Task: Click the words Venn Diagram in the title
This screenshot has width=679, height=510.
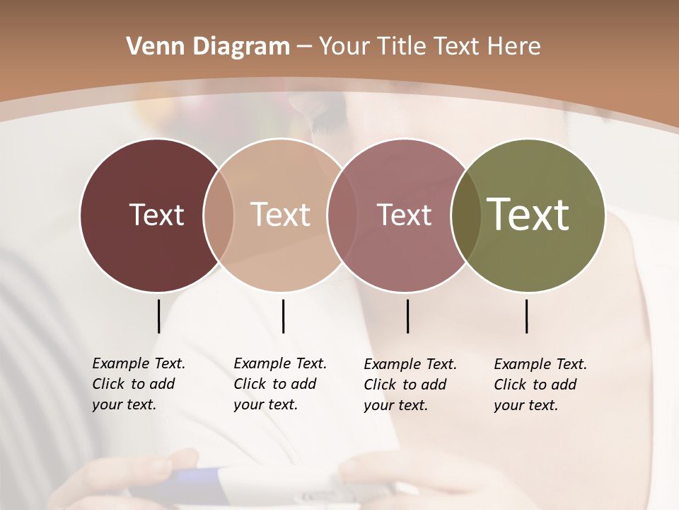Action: tap(208, 47)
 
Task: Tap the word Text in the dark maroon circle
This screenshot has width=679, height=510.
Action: tap(156, 215)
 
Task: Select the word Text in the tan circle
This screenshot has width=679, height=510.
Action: tap(281, 215)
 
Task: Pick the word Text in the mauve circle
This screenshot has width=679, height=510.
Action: tap(405, 215)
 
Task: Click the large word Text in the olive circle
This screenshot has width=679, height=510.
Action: tap(528, 215)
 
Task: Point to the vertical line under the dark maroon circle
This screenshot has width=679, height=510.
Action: tap(158, 316)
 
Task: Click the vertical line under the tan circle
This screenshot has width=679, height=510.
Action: tap(283, 316)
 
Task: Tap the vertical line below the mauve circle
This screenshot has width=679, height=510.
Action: tap(407, 316)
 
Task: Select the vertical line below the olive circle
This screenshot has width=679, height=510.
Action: tap(526, 316)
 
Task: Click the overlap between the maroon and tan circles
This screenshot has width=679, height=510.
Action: tap(219, 215)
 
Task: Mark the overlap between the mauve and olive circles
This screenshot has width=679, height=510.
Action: tap(466, 215)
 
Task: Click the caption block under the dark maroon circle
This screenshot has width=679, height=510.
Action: tap(139, 384)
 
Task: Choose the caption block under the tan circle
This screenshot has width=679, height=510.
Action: tap(280, 384)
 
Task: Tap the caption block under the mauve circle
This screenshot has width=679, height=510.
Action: tap(410, 385)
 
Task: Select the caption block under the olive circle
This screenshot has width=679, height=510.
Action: tap(540, 385)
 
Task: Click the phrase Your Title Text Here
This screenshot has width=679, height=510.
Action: tap(429, 47)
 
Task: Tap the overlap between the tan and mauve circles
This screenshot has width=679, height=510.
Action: tap(340, 215)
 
